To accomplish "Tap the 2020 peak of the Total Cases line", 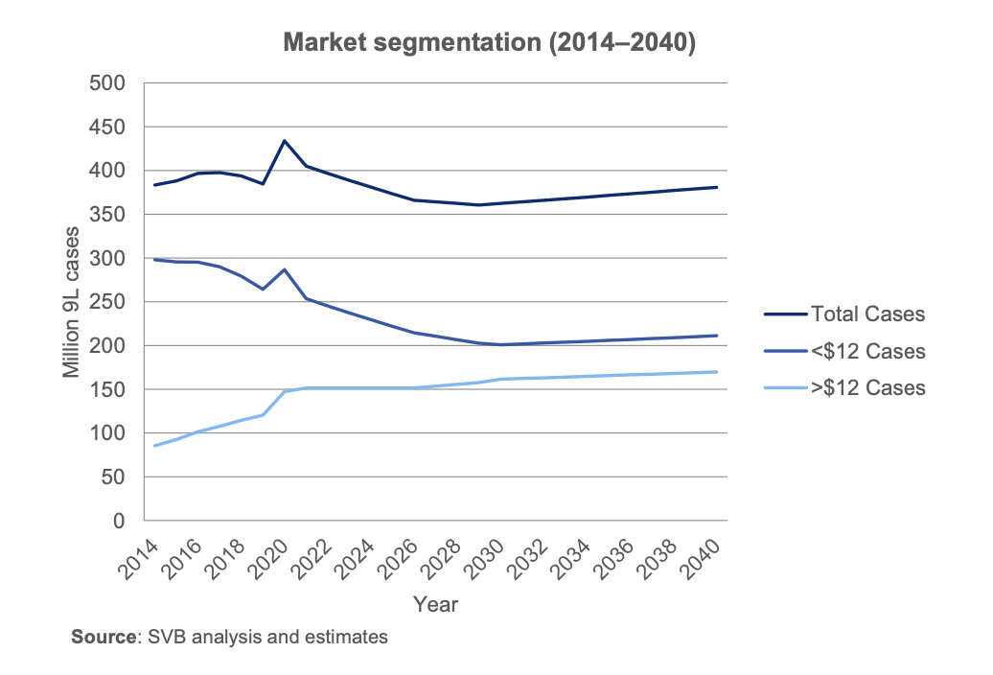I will tap(285, 141).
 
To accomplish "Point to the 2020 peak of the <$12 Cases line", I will tap(285, 269).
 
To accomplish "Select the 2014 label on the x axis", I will tap(141, 558).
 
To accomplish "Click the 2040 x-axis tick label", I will tap(704, 558).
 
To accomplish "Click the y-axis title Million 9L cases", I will tap(72, 302).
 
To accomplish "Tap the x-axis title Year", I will tap(435, 605).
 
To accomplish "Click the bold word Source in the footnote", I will tap(101, 637).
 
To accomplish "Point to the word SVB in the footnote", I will tap(166, 637).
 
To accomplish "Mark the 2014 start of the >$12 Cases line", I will tap(155, 446).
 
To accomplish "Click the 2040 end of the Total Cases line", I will tap(717, 187).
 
